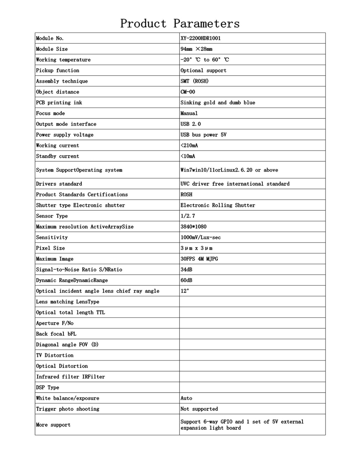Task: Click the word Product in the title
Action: point(143,24)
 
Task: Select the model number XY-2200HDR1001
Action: point(200,38)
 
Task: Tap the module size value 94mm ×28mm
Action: point(196,49)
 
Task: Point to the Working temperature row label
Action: point(63,60)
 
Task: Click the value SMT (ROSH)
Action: point(194,81)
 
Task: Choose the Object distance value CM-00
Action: point(188,92)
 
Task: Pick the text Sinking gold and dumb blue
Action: point(218,103)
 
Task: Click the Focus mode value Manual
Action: point(189,113)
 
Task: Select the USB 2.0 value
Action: point(191,124)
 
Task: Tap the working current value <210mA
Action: point(189,145)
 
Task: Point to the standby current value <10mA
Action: point(188,156)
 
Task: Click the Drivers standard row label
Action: point(59,184)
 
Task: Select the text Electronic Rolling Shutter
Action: point(218,205)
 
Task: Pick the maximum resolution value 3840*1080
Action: point(193,227)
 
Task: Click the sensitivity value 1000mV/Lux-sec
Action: point(200,237)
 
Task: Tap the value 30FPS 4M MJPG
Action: point(199,259)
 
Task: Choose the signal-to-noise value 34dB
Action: point(186,270)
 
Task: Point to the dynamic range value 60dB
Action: point(186,280)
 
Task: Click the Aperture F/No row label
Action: point(55,323)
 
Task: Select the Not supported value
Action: point(199,409)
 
